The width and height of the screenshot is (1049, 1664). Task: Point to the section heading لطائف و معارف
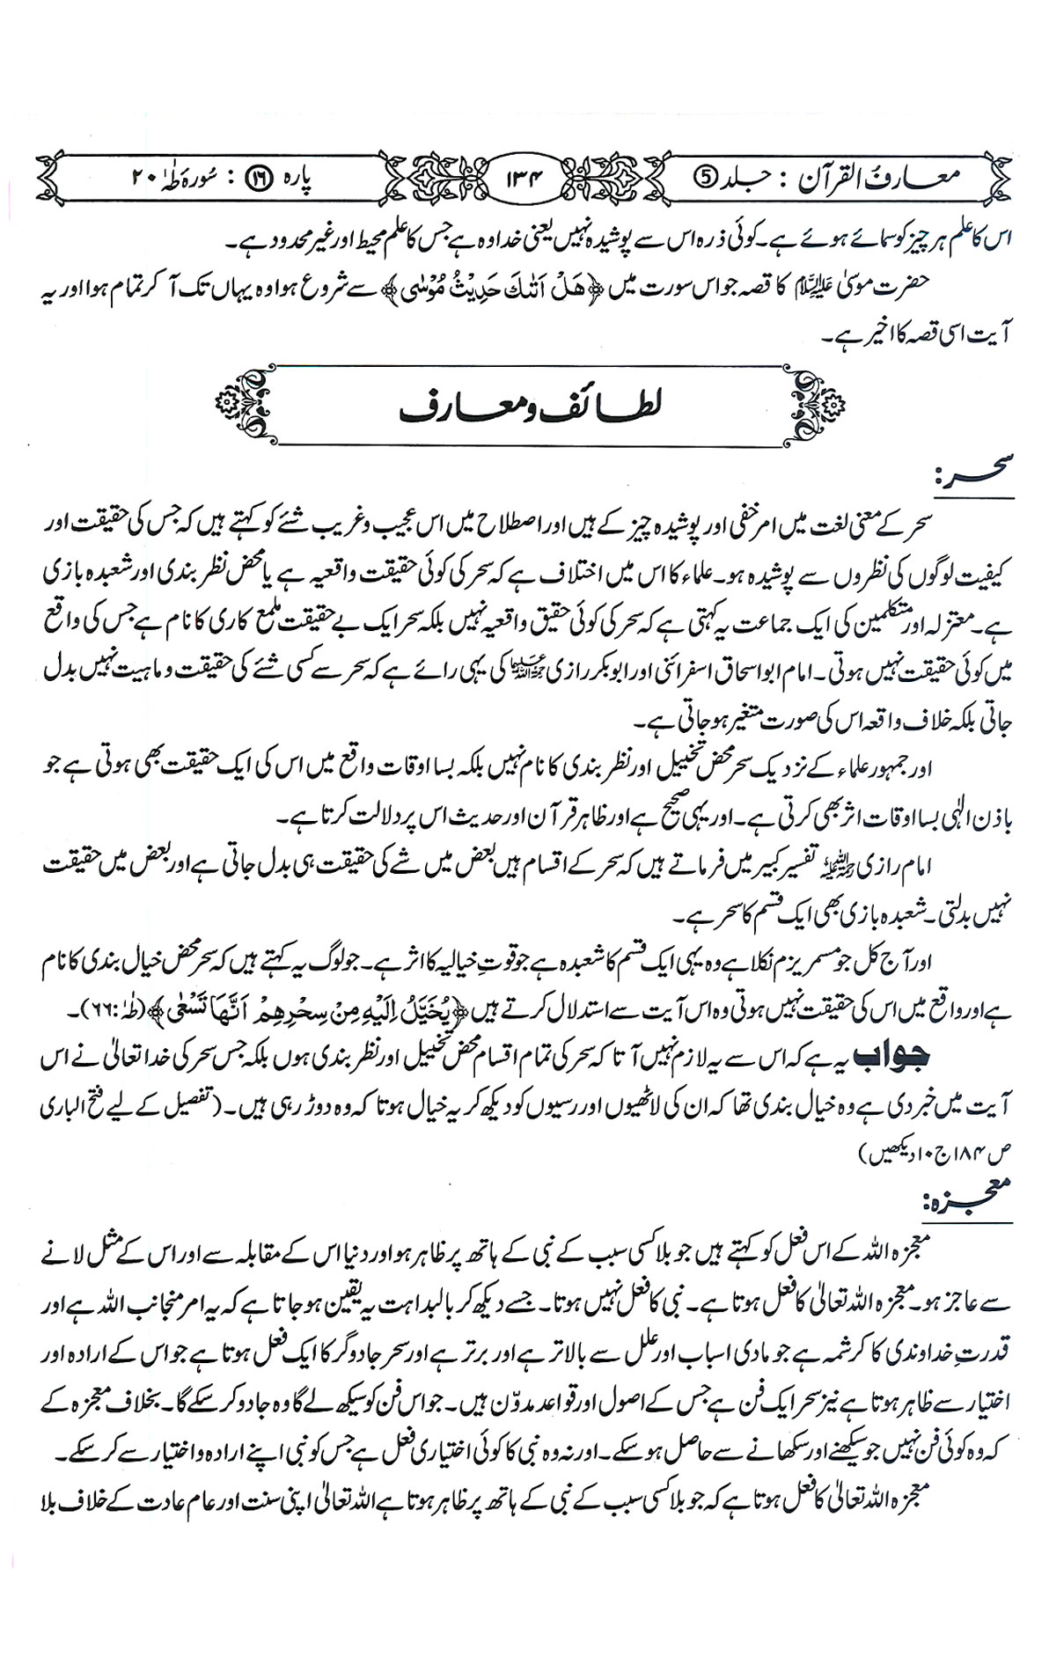[524, 404]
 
